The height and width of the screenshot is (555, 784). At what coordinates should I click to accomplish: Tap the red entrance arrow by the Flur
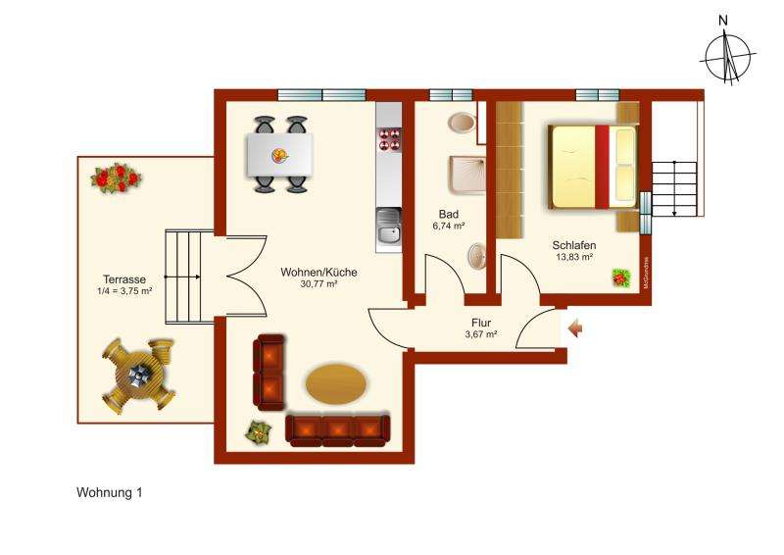pyautogui.click(x=575, y=328)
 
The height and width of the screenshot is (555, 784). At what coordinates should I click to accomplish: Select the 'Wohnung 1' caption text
pyautogui.click(x=109, y=493)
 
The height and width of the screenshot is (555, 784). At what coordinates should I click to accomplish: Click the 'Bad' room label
pyautogui.click(x=449, y=213)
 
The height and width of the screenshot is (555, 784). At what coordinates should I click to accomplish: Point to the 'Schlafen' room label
pyautogui.click(x=574, y=246)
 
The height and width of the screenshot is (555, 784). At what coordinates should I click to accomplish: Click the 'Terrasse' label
pyautogui.click(x=117, y=278)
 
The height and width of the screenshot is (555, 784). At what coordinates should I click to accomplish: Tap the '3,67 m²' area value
pyautogui.click(x=480, y=334)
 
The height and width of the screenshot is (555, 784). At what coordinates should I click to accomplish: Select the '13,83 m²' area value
pyautogui.click(x=574, y=259)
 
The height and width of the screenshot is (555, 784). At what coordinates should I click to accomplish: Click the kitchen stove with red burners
pyautogui.click(x=389, y=139)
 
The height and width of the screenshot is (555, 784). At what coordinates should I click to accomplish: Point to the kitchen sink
pyautogui.click(x=389, y=227)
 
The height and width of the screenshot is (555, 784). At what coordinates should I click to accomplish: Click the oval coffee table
pyautogui.click(x=337, y=383)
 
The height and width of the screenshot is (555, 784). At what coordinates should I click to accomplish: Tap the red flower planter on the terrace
pyautogui.click(x=117, y=177)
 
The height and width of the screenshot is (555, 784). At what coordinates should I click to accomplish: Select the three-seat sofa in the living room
pyautogui.click(x=337, y=429)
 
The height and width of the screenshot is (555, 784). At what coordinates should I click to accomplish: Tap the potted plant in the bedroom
pyautogui.click(x=621, y=278)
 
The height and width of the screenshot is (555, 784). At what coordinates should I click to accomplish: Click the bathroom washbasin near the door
pyautogui.click(x=476, y=258)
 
